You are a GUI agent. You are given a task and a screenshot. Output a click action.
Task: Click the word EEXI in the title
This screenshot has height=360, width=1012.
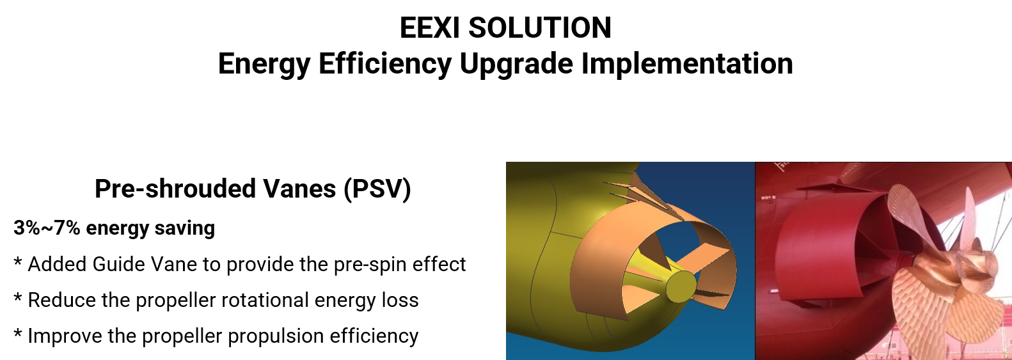[x=430, y=27]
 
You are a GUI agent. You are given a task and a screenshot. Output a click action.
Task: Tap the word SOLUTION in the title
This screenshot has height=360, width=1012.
[x=539, y=27]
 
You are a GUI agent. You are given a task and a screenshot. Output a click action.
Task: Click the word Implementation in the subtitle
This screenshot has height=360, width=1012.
[x=687, y=63]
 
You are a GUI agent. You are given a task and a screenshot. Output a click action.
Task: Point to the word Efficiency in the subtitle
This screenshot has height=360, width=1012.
[x=385, y=64]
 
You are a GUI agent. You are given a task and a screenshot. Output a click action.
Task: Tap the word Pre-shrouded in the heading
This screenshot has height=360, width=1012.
[x=175, y=189]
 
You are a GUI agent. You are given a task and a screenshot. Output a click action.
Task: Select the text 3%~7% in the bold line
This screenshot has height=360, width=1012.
[x=47, y=228]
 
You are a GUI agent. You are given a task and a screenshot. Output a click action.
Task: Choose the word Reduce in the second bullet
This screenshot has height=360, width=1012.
[x=62, y=300]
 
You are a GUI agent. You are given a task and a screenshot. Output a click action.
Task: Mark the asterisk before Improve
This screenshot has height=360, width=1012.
[x=18, y=334]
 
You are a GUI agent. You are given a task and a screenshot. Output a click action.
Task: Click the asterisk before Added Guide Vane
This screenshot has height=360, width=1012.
[x=18, y=262]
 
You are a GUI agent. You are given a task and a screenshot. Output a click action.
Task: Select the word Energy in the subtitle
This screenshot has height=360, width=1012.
[x=264, y=64]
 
